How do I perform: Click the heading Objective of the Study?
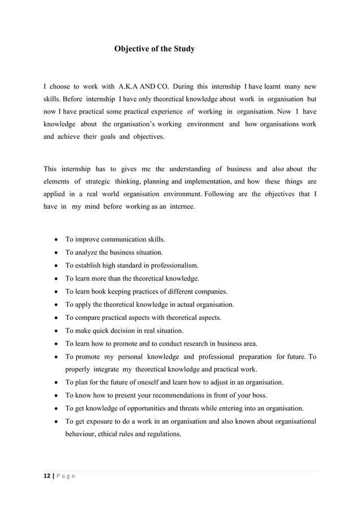(x=155, y=49)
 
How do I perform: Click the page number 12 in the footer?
(x=47, y=476)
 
